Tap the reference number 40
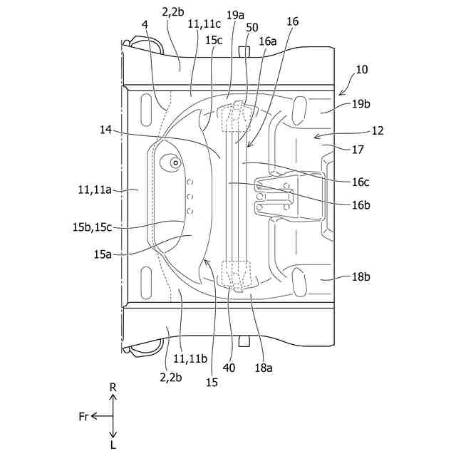(229, 368)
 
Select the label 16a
(267, 41)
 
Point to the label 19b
(362, 103)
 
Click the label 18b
(362, 276)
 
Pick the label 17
(358, 150)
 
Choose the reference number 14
(106, 130)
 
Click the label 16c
(361, 182)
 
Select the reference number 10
(362, 70)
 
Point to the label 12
(377, 130)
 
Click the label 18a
(264, 368)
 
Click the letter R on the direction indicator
(113, 386)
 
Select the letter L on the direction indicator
(113, 445)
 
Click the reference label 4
(145, 24)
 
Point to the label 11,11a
(95, 190)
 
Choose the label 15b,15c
(91, 227)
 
